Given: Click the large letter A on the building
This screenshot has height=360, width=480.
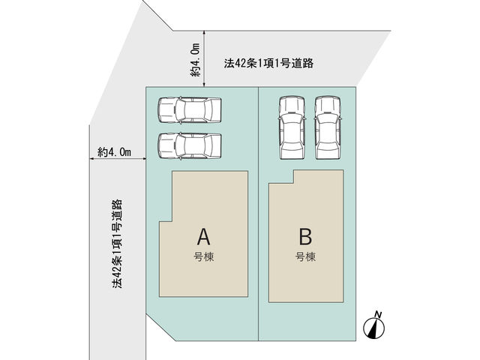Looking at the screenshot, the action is (203, 237).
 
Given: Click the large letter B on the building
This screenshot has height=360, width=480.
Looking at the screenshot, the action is (305, 237).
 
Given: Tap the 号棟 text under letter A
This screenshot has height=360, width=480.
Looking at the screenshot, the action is (203, 256).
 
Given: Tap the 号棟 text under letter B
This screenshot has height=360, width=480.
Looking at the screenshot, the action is (305, 256).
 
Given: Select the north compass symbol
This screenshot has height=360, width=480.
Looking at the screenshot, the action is (373, 328).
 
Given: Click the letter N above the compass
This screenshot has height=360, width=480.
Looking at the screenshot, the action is (378, 314).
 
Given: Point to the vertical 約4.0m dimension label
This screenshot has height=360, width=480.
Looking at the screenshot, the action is (195, 60).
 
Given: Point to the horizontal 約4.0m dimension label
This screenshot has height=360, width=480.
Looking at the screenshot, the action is (115, 152).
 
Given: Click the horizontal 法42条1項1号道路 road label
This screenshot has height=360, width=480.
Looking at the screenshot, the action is (268, 63).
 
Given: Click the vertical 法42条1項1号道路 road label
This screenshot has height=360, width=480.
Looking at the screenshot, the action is (117, 244).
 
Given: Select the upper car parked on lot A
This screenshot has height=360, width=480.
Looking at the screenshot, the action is (190, 110).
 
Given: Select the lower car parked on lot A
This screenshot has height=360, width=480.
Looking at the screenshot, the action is (190, 146).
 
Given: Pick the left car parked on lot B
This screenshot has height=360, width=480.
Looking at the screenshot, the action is (292, 127).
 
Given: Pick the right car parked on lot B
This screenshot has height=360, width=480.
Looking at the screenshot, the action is (328, 127).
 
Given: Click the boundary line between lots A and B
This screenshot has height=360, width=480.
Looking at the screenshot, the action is (259, 214).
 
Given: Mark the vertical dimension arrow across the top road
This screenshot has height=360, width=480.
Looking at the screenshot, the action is (204, 58).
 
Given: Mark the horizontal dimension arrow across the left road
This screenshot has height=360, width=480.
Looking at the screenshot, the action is (118, 158).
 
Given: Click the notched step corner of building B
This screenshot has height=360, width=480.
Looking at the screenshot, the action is (294, 183).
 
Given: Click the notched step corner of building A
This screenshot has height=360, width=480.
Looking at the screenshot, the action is (172, 221).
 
